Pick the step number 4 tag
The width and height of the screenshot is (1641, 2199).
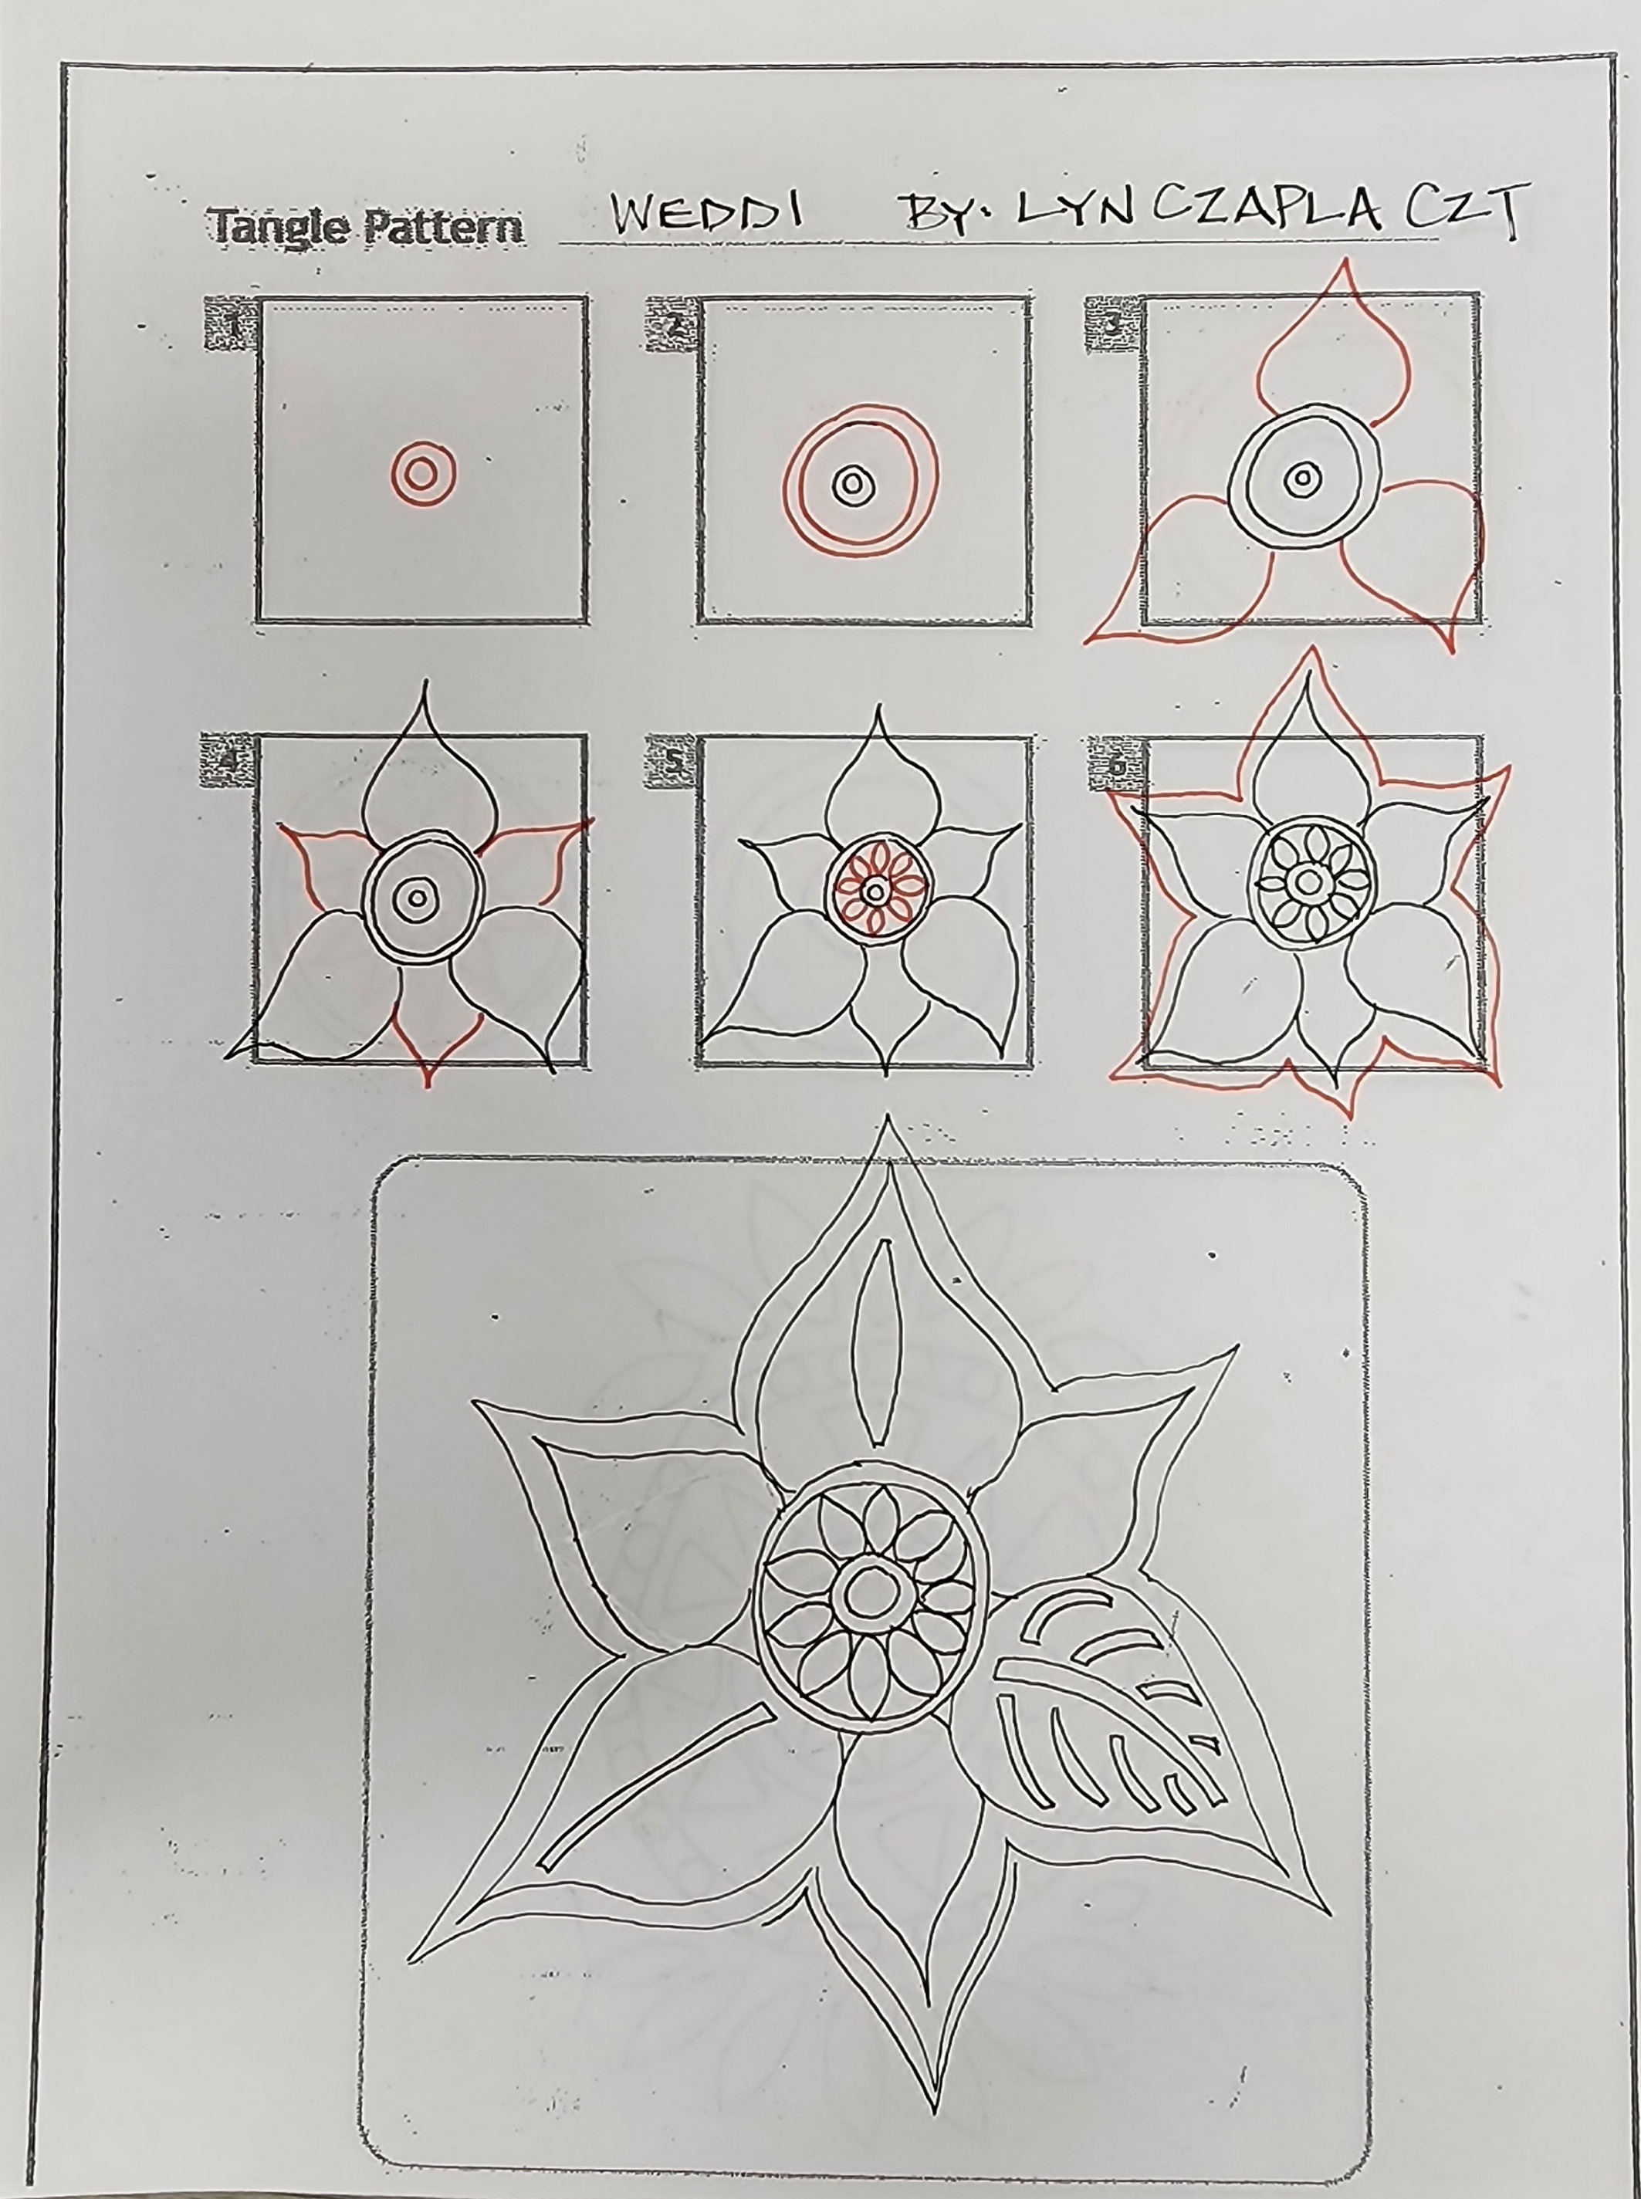228,761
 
